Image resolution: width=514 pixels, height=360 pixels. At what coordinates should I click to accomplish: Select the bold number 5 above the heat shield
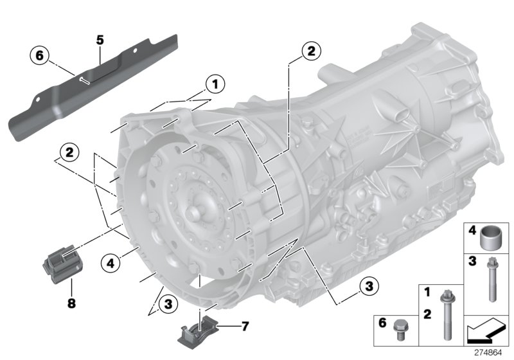[100, 40]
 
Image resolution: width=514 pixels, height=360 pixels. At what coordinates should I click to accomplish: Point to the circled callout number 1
[214, 83]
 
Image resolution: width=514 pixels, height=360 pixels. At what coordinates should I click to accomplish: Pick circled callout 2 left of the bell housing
[66, 153]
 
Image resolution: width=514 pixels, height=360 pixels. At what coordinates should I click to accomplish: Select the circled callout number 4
[111, 262]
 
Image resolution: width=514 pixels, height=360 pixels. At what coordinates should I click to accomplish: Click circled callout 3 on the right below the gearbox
[368, 287]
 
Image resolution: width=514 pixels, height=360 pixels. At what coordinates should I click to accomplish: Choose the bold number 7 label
[244, 327]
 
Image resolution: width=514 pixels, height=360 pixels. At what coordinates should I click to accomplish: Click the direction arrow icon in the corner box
[486, 332]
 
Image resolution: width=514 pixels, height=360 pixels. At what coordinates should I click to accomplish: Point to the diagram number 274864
[492, 353]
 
